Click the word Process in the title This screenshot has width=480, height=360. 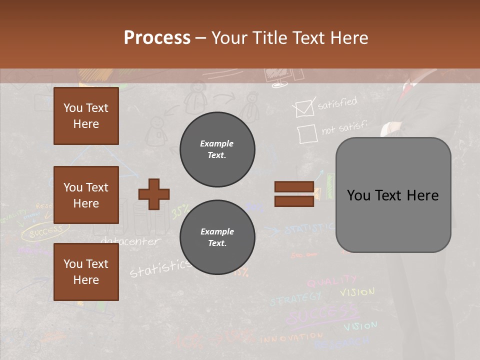pos(157,38)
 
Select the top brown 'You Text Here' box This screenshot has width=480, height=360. pos(86,116)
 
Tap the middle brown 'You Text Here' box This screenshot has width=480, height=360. pos(86,195)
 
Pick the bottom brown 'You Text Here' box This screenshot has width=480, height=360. pos(86,272)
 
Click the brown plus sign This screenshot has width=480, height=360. pos(154,194)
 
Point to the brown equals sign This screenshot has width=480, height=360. pos(294,194)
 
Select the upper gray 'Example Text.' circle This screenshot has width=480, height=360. pos(217,149)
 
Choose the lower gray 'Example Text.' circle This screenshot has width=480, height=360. pos(217,237)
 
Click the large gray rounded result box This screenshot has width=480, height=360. pos(393,195)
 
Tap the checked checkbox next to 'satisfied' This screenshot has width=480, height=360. pos(304,108)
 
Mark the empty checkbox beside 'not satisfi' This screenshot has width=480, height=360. pos(307,134)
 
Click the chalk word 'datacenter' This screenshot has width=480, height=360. pos(130,241)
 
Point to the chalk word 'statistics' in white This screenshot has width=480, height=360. pos(159,268)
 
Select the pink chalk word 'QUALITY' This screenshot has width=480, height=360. pos(331,281)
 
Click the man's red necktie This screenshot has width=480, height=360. pos(407,90)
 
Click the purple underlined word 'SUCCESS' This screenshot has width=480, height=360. pos(322,315)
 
